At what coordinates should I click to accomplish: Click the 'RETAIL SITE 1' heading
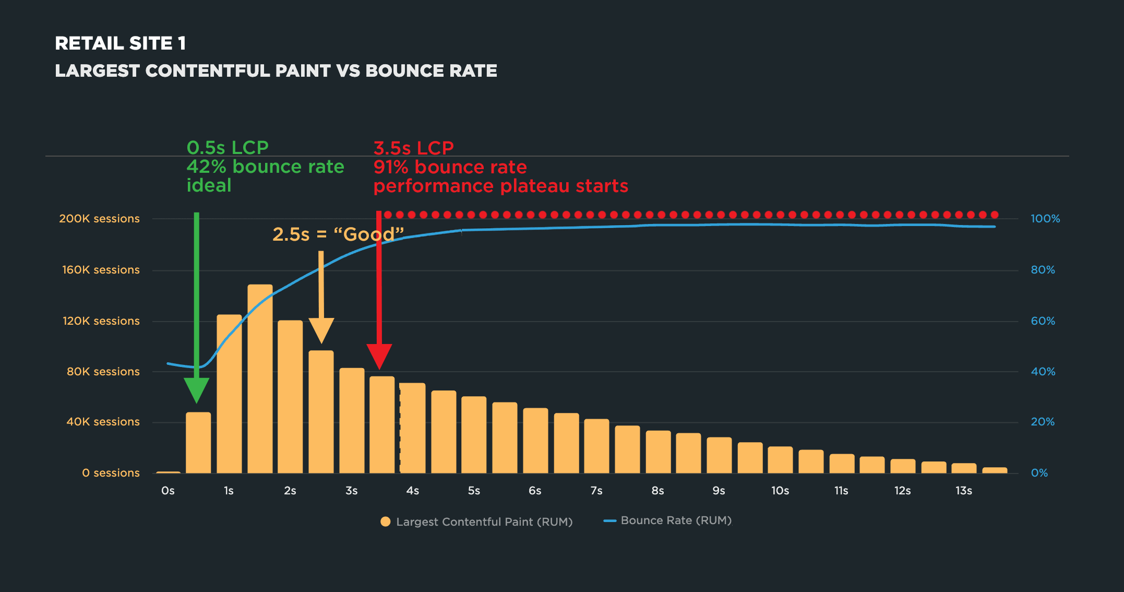121,43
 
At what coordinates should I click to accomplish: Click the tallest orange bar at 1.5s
260,379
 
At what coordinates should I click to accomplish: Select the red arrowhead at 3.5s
379,357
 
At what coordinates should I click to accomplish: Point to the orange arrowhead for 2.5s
321,331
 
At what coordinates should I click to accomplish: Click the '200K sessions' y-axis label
99,219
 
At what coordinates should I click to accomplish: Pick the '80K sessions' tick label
103,372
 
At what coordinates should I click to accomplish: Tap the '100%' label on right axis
1045,219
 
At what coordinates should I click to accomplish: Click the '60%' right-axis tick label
1043,321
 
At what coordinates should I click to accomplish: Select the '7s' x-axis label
596,491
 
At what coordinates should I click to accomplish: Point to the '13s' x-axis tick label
964,491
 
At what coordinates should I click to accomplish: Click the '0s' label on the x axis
168,491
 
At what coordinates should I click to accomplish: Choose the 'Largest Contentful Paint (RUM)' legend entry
477,522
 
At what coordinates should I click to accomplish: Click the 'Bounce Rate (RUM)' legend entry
668,520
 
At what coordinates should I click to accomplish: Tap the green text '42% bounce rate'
265,167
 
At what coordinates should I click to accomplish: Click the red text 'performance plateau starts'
501,186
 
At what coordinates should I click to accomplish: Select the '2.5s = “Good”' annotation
339,234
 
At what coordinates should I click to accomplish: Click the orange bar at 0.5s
198,443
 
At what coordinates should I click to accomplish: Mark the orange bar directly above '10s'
780,460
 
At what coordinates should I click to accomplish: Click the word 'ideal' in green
209,185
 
